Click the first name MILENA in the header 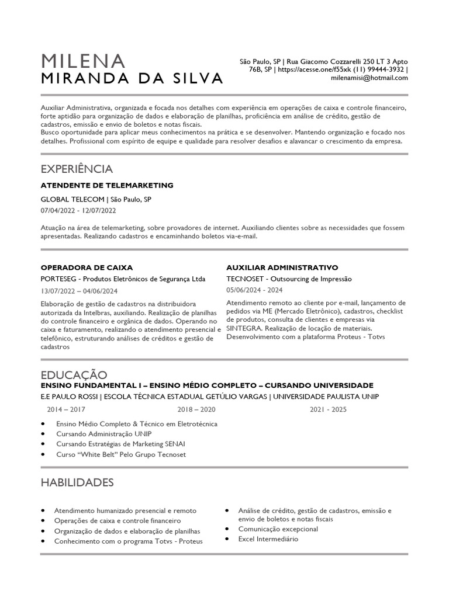coord(83,61)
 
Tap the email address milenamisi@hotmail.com coord(369,77)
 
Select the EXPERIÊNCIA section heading coord(77,169)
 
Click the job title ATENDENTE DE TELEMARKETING coord(107,185)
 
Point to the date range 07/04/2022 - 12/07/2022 coord(78,210)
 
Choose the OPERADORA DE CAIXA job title coord(87,267)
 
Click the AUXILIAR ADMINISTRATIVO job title coord(282,267)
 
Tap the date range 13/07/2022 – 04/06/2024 coord(80,291)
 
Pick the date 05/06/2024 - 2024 coord(254,290)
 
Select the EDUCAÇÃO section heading coord(74,374)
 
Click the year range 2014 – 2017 coord(65,409)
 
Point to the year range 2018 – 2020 coord(196,409)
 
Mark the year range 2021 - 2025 coord(328,409)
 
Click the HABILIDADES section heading coord(77,482)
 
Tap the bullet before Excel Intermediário coord(226,539)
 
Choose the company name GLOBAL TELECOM coord(73,199)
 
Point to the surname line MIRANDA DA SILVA coord(132,78)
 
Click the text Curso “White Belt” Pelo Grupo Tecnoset coord(121,454)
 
